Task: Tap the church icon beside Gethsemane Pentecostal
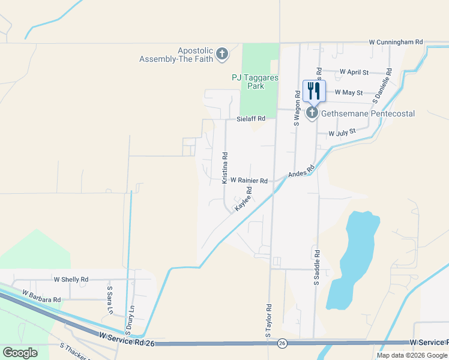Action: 312,113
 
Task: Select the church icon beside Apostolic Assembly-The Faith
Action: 222,55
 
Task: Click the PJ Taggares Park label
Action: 256,82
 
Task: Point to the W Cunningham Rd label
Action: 396,43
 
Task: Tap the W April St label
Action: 354,72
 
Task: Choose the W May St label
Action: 348,92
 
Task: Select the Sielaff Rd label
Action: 250,119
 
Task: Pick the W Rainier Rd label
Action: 249,180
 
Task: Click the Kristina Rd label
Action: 224,167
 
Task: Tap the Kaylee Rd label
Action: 243,198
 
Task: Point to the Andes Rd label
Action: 301,172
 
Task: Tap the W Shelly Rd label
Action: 71,280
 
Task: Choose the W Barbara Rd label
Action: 41,296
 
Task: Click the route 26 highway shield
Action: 282,344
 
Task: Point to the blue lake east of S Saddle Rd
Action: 354,258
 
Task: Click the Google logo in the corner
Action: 20,353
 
